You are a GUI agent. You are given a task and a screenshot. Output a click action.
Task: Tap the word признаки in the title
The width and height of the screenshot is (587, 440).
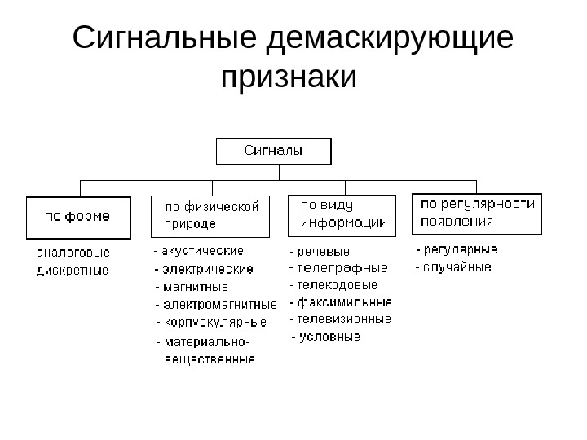pos(289,79)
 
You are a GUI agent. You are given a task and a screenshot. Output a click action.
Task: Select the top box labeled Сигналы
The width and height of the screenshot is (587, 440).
pos(273,151)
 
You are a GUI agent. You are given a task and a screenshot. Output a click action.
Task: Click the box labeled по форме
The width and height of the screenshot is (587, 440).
pos(77,218)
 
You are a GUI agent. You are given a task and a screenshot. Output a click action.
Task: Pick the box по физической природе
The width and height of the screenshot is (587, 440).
pos(212,215)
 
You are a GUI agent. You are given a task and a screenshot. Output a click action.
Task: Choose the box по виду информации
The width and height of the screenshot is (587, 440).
pos(342,214)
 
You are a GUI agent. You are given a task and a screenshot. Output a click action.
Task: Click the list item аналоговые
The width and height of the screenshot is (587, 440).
pos(73,253)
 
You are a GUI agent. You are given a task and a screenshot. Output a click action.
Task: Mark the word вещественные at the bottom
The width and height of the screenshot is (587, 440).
pos(210,359)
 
